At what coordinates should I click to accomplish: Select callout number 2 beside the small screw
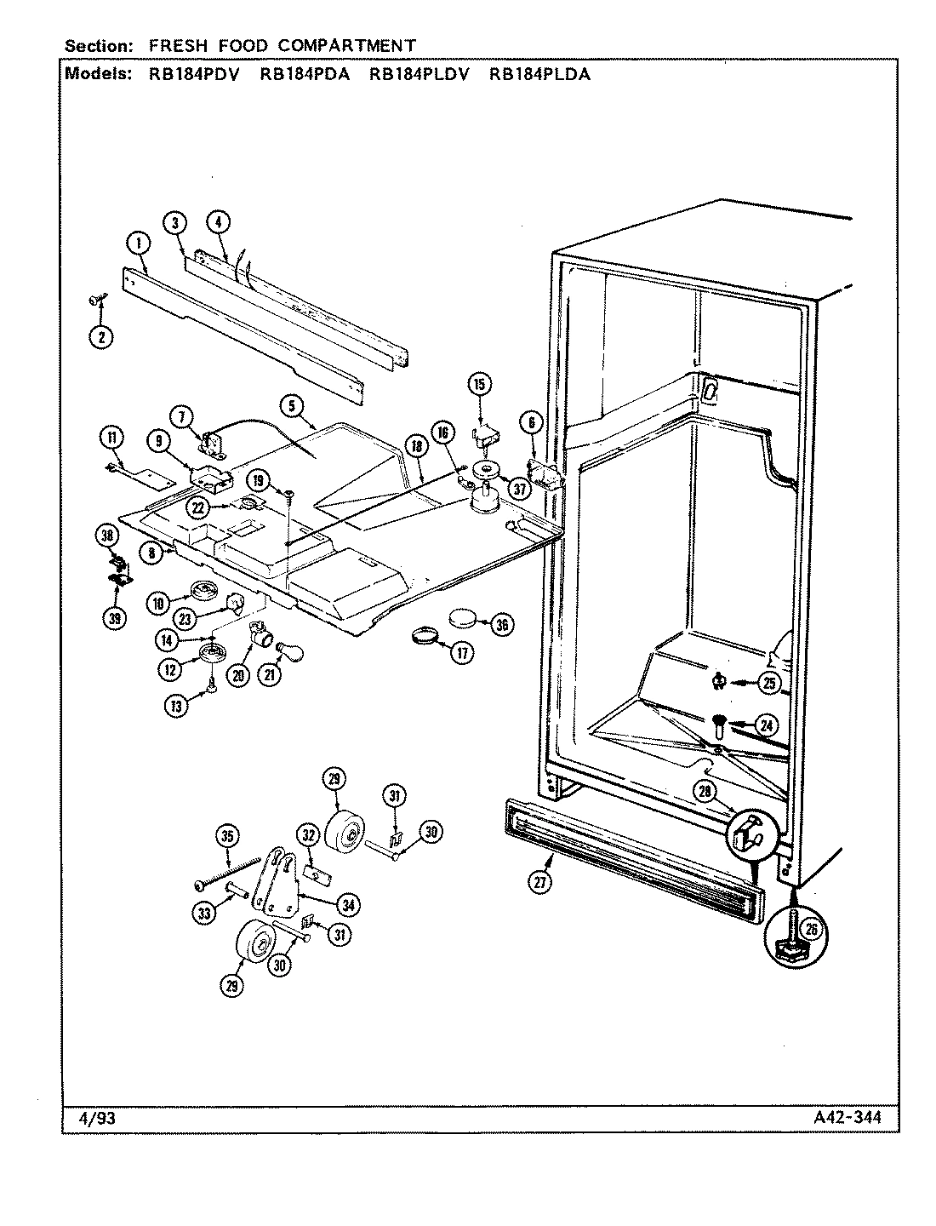101,335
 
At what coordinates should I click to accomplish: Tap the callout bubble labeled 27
539,883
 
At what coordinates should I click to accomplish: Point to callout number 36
501,624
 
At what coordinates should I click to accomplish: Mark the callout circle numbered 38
106,535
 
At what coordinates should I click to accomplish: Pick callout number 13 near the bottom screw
175,706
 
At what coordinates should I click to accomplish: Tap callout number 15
479,384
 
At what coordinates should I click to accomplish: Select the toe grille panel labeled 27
630,860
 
